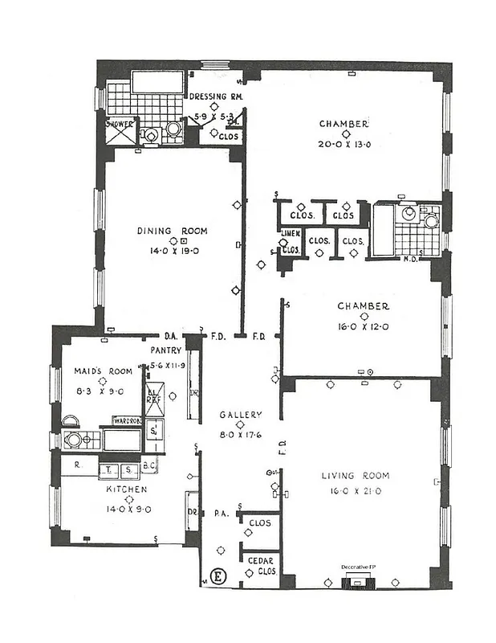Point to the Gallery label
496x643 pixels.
[x=241, y=415]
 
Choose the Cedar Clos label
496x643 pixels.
[x=258, y=561]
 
